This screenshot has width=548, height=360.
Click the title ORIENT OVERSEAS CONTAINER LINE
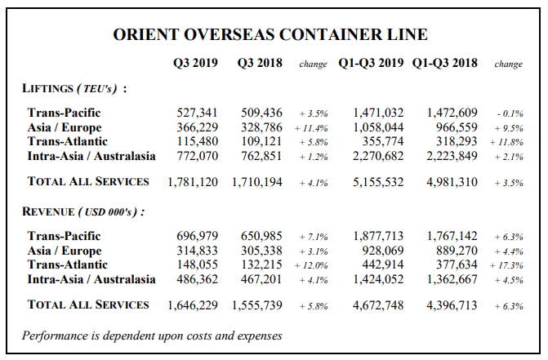point(270,34)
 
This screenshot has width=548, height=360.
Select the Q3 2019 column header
point(195,63)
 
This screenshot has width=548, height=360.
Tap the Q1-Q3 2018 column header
point(444,63)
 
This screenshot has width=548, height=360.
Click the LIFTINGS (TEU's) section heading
point(74,88)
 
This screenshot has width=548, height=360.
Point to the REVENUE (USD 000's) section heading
point(83,211)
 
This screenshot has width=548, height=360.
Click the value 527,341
point(197,113)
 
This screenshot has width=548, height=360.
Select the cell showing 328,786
point(261,127)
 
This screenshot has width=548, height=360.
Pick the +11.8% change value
point(506,143)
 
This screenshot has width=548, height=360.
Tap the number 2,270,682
point(378,156)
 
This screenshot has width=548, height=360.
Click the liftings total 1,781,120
point(193,182)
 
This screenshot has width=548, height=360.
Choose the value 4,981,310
point(452,182)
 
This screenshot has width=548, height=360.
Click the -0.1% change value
point(510,113)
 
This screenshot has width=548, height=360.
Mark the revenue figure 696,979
point(197,236)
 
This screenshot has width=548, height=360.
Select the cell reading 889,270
point(457,251)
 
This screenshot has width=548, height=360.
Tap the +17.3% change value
point(506,266)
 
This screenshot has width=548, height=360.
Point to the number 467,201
point(261,279)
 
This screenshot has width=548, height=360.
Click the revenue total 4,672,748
point(378,305)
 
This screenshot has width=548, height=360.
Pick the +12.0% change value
point(311,266)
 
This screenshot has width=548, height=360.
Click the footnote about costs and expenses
point(152,336)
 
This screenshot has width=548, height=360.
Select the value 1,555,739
point(257,305)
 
